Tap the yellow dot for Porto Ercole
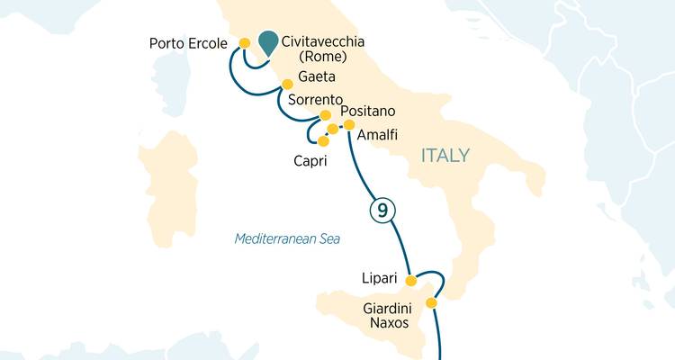(x=244, y=42)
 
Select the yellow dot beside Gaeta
(x=287, y=85)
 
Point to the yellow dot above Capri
(x=323, y=140)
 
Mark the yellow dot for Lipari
(x=411, y=281)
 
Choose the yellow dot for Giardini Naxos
(x=430, y=303)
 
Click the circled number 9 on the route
(x=382, y=211)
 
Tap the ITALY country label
(x=445, y=156)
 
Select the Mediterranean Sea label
(x=292, y=238)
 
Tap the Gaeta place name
(x=317, y=79)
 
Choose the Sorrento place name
(x=315, y=99)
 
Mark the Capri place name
(x=310, y=162)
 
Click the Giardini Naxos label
(x=386, y=315)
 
